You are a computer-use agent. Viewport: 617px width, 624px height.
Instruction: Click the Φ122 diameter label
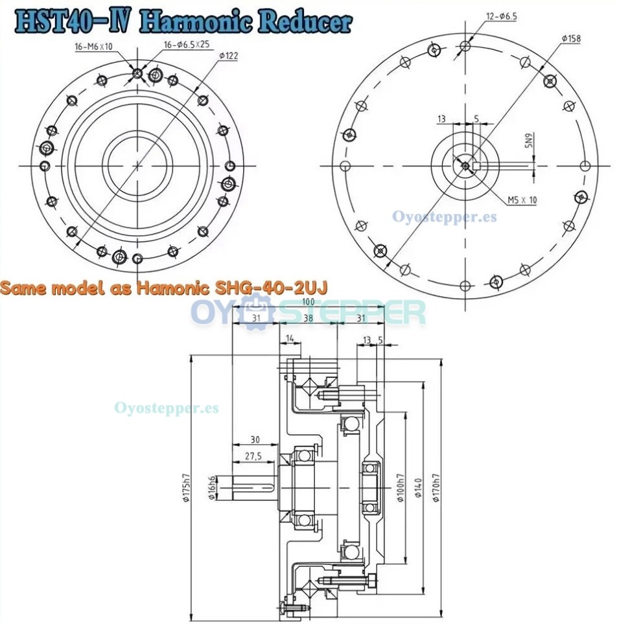pos(229,56)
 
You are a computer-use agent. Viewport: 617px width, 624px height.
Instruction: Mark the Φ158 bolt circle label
pos(571,39)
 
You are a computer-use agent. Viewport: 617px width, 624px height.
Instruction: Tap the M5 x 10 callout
pos(522,200)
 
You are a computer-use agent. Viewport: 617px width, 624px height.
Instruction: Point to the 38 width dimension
pos(308,318)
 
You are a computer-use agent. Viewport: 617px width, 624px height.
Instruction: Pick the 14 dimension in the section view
pos(289,338)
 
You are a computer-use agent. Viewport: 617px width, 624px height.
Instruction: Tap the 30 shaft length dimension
pos(254,440)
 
